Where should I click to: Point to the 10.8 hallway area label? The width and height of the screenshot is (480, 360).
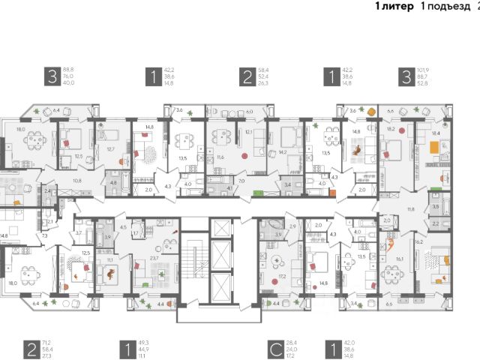coord(76,181)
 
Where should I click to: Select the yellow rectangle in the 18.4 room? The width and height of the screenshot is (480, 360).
coord(433,148)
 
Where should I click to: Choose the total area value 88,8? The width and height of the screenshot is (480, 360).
coord(73,68)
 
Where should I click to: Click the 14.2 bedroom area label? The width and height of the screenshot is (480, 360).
coord(282,151)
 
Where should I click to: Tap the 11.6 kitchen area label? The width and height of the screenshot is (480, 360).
coord(219,157)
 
